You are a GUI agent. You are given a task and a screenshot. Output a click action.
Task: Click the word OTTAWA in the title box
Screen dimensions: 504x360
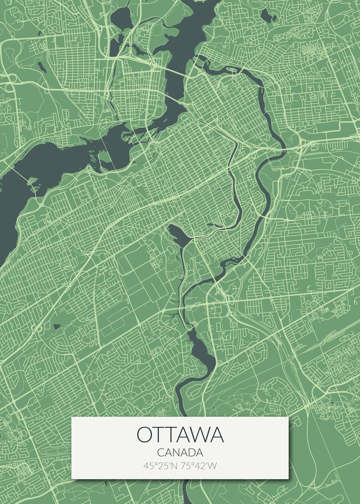pyautogui.click(x=180, y=435)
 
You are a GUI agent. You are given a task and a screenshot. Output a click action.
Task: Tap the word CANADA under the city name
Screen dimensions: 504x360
pyautogui.click(x=180, y=453)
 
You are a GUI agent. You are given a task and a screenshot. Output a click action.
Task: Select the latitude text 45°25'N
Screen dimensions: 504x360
pyautogui.click(x=161, y=465)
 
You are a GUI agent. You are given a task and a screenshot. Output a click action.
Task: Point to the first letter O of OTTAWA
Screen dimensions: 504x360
pyautogui.click(x=144, y=435)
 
